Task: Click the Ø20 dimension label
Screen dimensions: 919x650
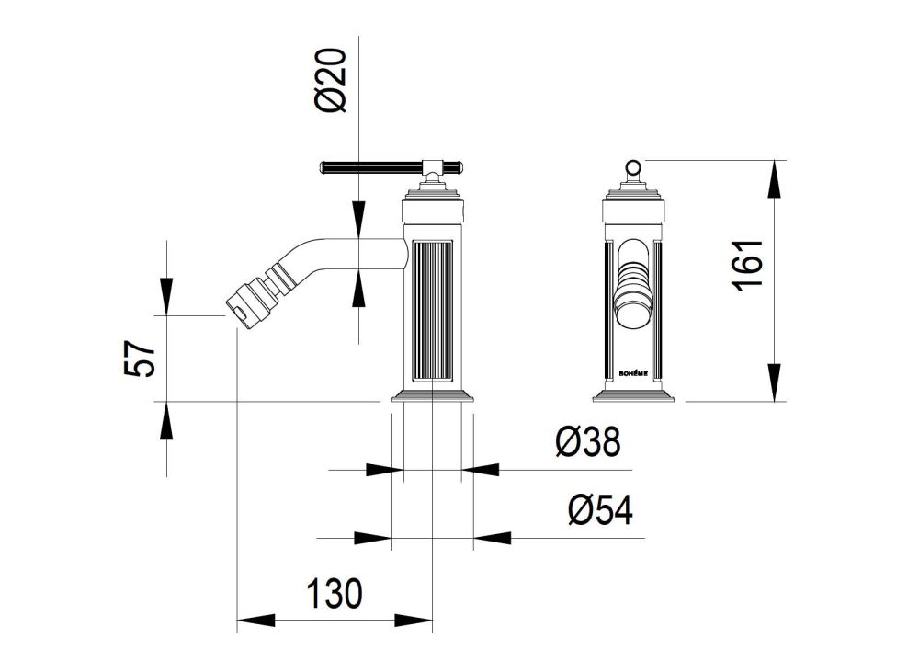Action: [x=331, y=80]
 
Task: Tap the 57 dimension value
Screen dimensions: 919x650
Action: [x=141, y=359]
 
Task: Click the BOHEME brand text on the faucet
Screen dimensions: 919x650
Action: [x=633, y=373]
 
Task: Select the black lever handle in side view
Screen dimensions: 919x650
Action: [x=392, y=167]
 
